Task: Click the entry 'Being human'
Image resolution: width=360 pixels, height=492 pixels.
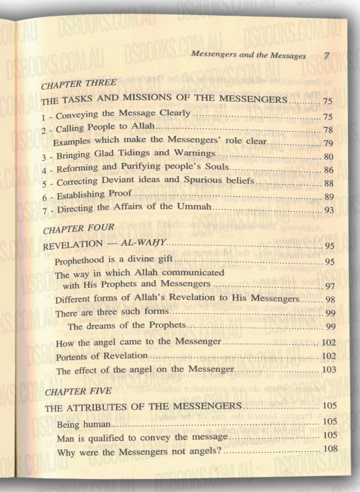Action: [84, 422]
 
